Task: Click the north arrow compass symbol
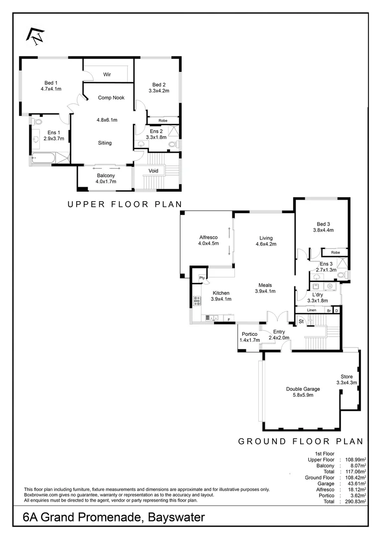pos(35,35)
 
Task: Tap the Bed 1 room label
pos(51,86)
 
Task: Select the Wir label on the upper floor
pos(107,74)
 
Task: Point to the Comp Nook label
pos(111,98)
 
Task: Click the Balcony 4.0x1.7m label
pos(106,179)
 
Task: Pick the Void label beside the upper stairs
pos(154,171)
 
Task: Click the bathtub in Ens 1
pos(42,158)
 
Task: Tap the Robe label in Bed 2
pos(163,121)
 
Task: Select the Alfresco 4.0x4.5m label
pos(209,241)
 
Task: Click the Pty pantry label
pos(202,278)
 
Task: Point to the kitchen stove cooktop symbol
pos(196,300)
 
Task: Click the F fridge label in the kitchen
pos(229,319)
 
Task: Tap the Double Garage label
pos(303,392)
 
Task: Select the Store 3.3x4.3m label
pos(347,379)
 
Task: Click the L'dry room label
pos(317,297)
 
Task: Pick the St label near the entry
pos(301,322)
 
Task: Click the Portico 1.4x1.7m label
pos(249,337)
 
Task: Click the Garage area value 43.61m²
pos(355,484)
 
